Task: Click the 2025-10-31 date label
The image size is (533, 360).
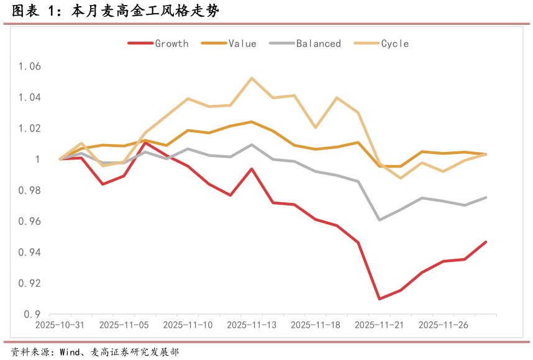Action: point(60,325)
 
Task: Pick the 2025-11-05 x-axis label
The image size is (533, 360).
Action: point(123,325)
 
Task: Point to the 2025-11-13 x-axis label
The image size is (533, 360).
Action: point(251,325)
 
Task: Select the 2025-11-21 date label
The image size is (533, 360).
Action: point(378,325)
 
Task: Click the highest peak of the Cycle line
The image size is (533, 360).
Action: point(251,78)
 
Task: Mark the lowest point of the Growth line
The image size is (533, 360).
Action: point(379,299)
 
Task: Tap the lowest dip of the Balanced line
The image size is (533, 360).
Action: point(379,220)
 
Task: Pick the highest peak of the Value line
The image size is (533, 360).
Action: point(251,122)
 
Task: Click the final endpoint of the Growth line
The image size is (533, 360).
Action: point(486,242)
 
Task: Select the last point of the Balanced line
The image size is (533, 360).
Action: point(486,197)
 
